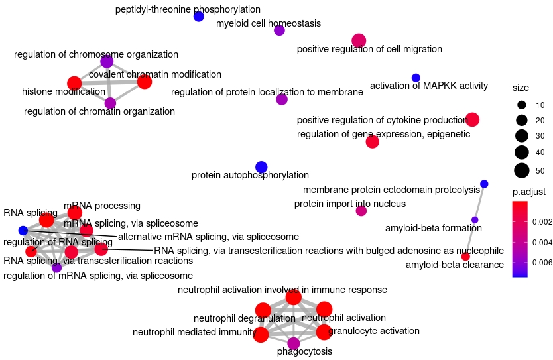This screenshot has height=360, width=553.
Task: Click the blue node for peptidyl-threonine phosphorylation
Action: pyautogui.click(x=198, y=16)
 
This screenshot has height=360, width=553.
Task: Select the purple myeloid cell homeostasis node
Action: pyautogui.click(x=279, y=30)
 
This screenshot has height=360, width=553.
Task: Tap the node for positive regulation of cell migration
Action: pyautogui.click(x=359, y=41)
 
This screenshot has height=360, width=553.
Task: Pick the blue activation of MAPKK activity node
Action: pyautogui.click(x=416, y=78)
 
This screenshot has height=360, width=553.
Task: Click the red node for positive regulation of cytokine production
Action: pyautogui.click(x=472, y=119)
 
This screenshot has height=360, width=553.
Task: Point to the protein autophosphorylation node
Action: pyautogui.click(x=261, y=167)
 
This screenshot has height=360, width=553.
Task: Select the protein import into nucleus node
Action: pyautogui.click(x=361, y=211)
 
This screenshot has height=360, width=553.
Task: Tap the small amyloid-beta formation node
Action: pyautogui.click(x=475, y=219)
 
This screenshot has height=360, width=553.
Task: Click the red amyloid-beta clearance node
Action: pyautogui.click(x=465, y=256)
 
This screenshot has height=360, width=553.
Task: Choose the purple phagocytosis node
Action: pyautogui.click(x=294, y=343)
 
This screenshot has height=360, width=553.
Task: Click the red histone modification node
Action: pyautogui.click(x=74, y=83)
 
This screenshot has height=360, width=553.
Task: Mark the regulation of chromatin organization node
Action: pyautogui.click(x=110, y=103)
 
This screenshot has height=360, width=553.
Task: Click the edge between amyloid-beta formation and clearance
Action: pyautogui.click(x=470, y=238)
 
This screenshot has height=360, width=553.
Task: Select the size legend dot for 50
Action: pyautogui.click(x=522, y=170)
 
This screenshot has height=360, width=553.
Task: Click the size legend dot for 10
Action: pyautogui.click(x=522, y=105)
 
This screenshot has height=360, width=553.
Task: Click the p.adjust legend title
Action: pyautogui.click(x=528, y=192)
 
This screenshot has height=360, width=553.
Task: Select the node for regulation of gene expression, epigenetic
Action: pyautogui.click(x=372, y=141)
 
